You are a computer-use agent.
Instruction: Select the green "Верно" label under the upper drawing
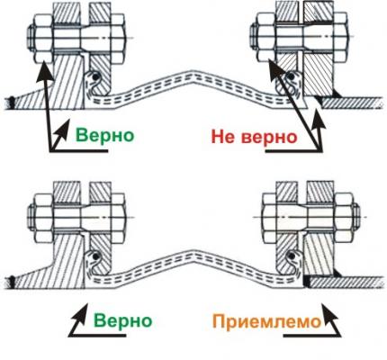click(x=104, y=135)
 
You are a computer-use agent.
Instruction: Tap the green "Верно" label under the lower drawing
click(x=123, y=321)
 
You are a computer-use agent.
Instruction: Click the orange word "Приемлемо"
click(x=267, y=323)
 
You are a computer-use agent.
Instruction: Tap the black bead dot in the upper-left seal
click(x=95, y=77)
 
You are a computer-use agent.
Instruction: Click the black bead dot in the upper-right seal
click(x=290, y=76)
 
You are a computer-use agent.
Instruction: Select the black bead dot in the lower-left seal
click(x=95, y=256)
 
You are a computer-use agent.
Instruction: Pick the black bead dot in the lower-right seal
click(x=291, y=256)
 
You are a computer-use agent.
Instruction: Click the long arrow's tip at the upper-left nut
click(x=42, y=62)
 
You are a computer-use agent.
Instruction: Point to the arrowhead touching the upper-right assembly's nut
click(x=269, y=59)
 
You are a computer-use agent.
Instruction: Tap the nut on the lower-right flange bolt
click(x=345, y=217)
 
